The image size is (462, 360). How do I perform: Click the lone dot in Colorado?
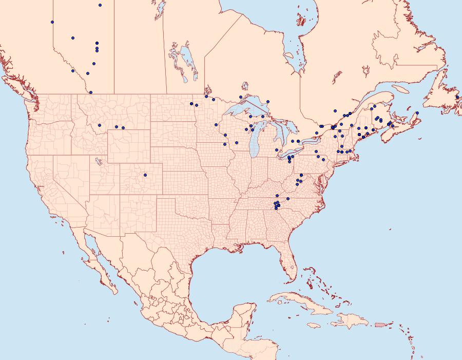tap(145, 175)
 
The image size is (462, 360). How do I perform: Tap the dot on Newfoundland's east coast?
tap(457, 97)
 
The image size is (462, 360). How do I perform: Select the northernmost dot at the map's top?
tap(100, 5)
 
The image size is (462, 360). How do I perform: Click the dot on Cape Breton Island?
tap(417, 113)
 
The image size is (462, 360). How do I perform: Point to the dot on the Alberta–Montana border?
tap(91, 92)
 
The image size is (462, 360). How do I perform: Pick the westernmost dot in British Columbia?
tap(52, 22)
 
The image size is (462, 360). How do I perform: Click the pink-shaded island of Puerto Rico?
tap(380, 325)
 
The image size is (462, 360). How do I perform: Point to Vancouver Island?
tap(21, 87)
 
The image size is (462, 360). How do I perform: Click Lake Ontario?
tap(308, 140)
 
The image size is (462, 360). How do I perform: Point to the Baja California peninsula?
tap(98, 262)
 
